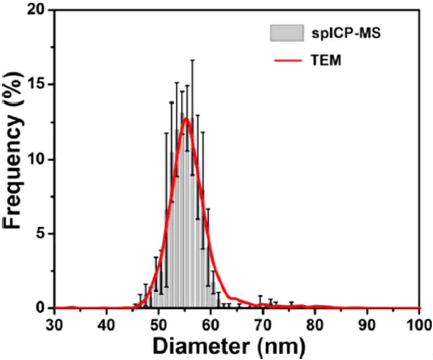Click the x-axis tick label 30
[54, 325]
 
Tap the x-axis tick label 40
[106, 325]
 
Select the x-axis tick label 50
[158, 325]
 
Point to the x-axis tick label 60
[210, 325]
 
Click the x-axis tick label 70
[262, 325]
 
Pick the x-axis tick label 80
[314, 325]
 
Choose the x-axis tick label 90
[367, 325]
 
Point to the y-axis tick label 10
[35, 159]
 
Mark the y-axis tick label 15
[35, 84]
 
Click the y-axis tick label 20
[35, 10]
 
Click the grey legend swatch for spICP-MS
[287, 33]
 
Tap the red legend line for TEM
[287, 61]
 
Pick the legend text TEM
[326, 61]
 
